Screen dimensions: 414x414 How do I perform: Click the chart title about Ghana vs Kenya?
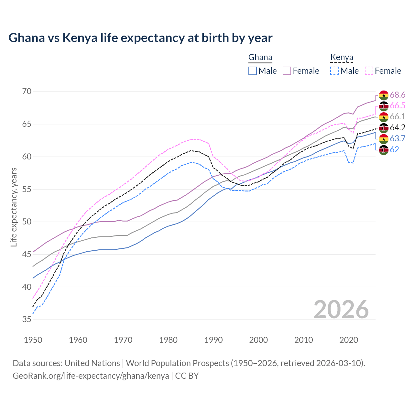[140, 38]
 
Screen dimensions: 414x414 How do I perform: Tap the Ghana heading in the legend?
[260, 58]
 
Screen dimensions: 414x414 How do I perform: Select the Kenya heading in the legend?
[342, 58]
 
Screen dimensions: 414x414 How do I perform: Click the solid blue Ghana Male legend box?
[253, 71]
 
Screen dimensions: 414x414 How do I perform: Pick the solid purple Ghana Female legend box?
[287, 71]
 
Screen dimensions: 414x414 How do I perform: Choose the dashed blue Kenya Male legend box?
[334, 71]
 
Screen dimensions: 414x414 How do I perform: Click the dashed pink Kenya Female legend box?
[369, 71]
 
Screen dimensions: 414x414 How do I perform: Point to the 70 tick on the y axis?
[27, 92]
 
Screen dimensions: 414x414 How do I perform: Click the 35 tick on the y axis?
[27, 320]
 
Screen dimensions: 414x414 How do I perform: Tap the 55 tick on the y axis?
[27, 189]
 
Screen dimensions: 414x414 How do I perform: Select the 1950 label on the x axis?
[33, 340]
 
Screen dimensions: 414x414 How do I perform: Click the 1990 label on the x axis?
[213, 340]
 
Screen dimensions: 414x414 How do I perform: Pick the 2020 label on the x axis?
[349, 340]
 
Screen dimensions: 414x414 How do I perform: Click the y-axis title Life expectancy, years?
[14, 207]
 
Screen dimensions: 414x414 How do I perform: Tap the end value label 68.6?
[398, 95]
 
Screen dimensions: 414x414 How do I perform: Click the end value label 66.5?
[398, 106]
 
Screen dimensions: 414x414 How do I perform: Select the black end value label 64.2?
[398, 128]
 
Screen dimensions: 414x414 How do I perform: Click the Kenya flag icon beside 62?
[384, 150]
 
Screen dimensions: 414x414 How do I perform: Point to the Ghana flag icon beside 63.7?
[384, 139]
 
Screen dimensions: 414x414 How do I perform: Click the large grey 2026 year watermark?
[341, 310]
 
